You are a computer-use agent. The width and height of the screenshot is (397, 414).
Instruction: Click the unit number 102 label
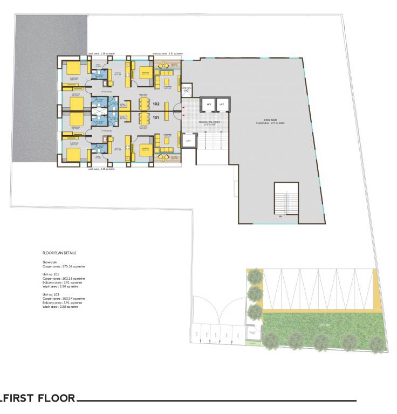[156, 103]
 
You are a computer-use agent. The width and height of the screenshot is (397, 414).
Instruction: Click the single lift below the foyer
[188, 141]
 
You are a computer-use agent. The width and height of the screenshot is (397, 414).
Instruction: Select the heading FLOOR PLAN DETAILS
[59, 252]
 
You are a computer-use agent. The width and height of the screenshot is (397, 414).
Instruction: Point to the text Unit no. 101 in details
[51, 274]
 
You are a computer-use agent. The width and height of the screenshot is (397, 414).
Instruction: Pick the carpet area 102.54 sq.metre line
[64, 298]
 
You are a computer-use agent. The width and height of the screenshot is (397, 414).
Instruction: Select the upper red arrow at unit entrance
[184, 108]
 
